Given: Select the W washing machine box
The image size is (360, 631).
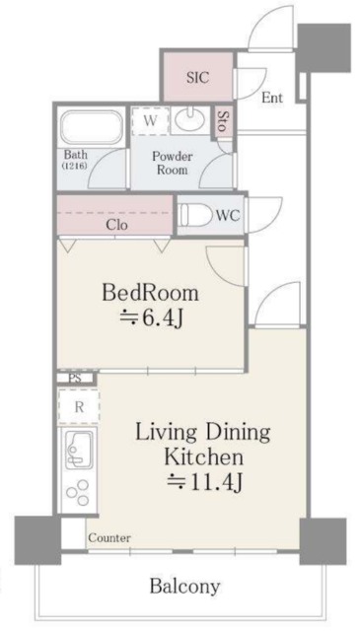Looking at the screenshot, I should coord(149,120).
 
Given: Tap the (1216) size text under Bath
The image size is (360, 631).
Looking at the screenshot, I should coord(76,167).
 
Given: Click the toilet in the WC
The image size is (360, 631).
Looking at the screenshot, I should coord(196,213).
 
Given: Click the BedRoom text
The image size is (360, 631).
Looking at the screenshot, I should coord(151,293).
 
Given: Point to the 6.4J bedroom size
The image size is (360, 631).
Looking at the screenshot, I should coord(151,318).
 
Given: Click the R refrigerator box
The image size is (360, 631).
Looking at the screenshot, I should coord(75,405).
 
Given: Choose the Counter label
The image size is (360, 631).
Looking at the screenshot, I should coord(108,538).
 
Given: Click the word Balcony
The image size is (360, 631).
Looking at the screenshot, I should coord(184,586).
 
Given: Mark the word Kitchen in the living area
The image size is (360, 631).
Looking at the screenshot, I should coord(203,457).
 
